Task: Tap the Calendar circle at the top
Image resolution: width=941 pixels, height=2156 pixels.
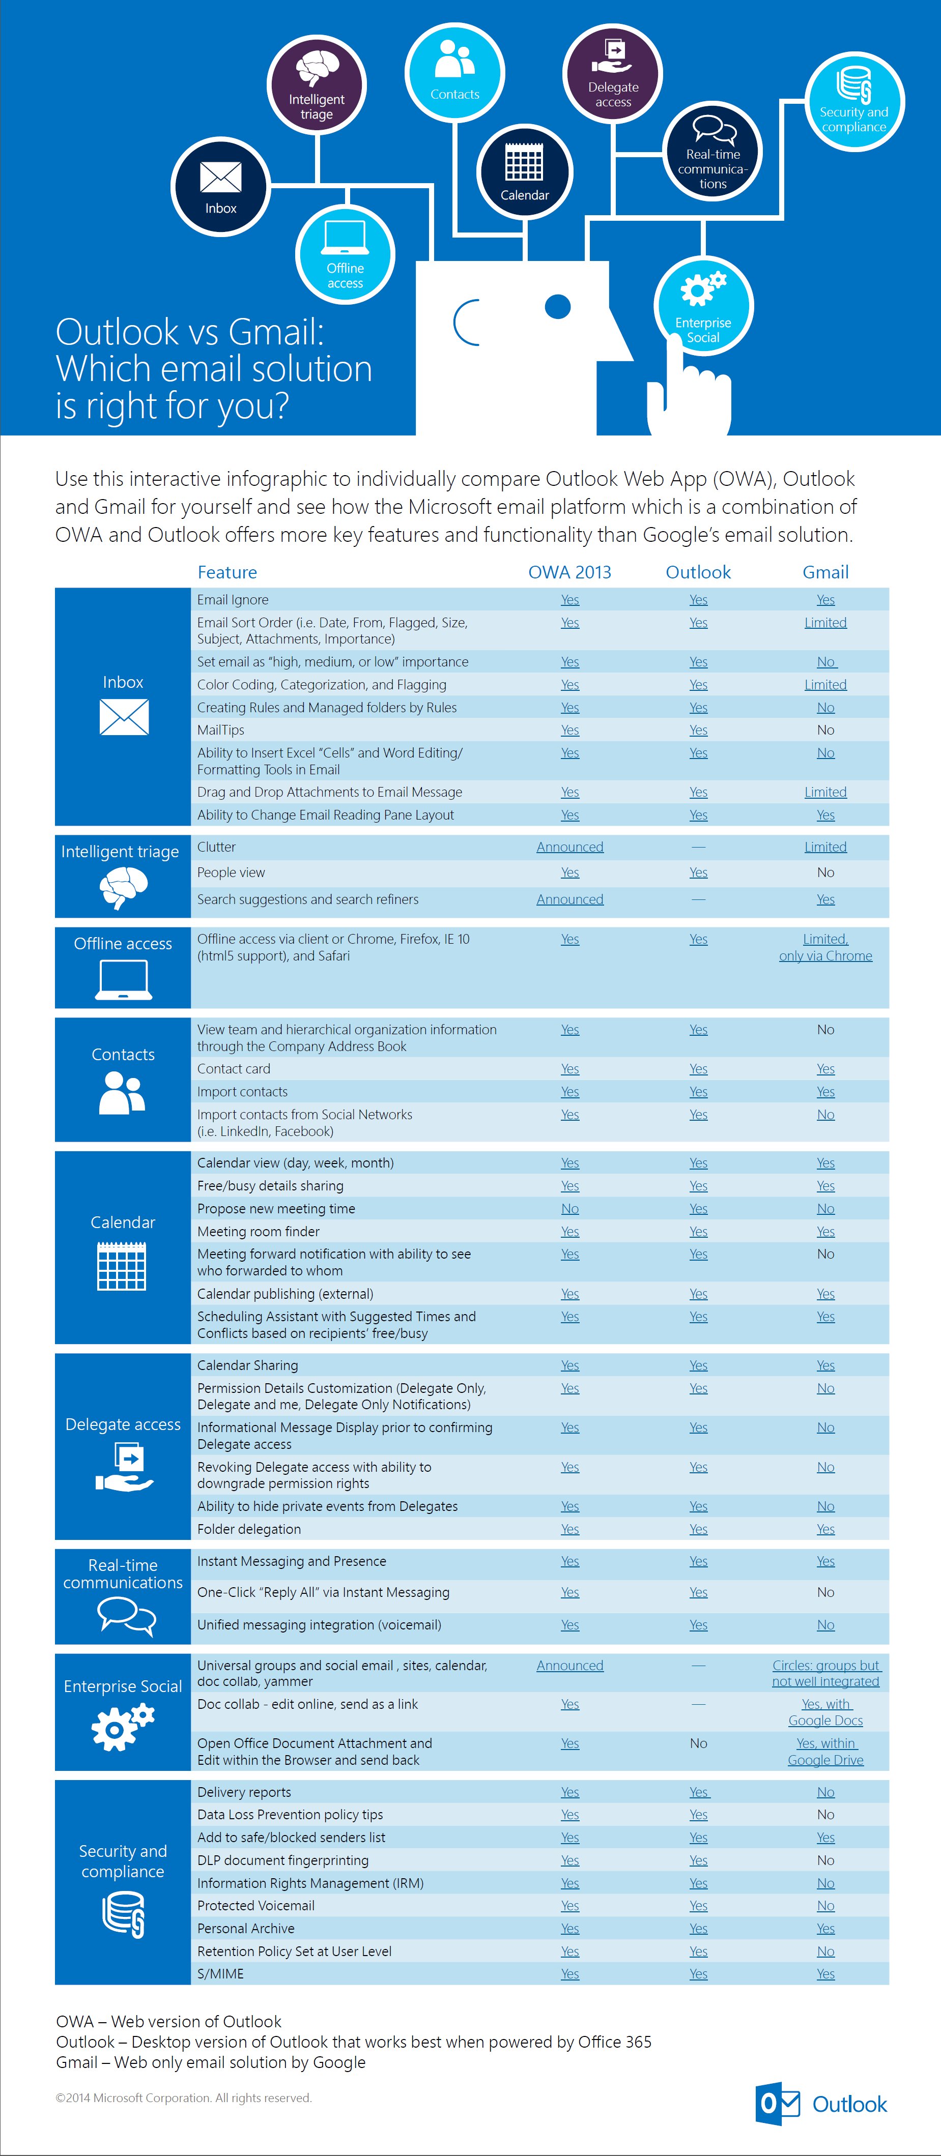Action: pos(525,171)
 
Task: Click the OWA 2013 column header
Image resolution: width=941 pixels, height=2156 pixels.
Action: pos(569,572)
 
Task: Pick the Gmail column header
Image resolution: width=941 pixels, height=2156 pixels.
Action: pos(825,572)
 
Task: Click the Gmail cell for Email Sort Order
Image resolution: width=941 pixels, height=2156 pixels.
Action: pos(825,623)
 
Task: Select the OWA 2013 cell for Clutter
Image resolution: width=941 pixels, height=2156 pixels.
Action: pos(569,847)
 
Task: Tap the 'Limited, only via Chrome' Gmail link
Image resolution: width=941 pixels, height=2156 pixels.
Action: pos(825,947)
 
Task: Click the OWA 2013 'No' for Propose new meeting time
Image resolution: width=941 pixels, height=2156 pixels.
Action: pos(569,1209)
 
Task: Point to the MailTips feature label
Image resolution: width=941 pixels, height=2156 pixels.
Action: pos(221,730)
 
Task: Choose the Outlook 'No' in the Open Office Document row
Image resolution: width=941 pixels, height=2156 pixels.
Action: pos(698,1743)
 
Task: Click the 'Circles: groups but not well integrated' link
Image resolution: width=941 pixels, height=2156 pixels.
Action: pos(825,1673)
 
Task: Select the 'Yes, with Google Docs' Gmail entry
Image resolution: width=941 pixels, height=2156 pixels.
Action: pos(825,1712)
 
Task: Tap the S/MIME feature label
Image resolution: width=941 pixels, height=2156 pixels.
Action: pos(221,1973)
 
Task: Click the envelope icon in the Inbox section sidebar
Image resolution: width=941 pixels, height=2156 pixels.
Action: pos(124,717)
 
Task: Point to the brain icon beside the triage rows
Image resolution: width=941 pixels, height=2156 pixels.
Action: pos(123,887)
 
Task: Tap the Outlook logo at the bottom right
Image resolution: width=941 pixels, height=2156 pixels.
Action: pos(820,2104)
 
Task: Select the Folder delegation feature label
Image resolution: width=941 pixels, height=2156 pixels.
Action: pos(249,1529)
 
